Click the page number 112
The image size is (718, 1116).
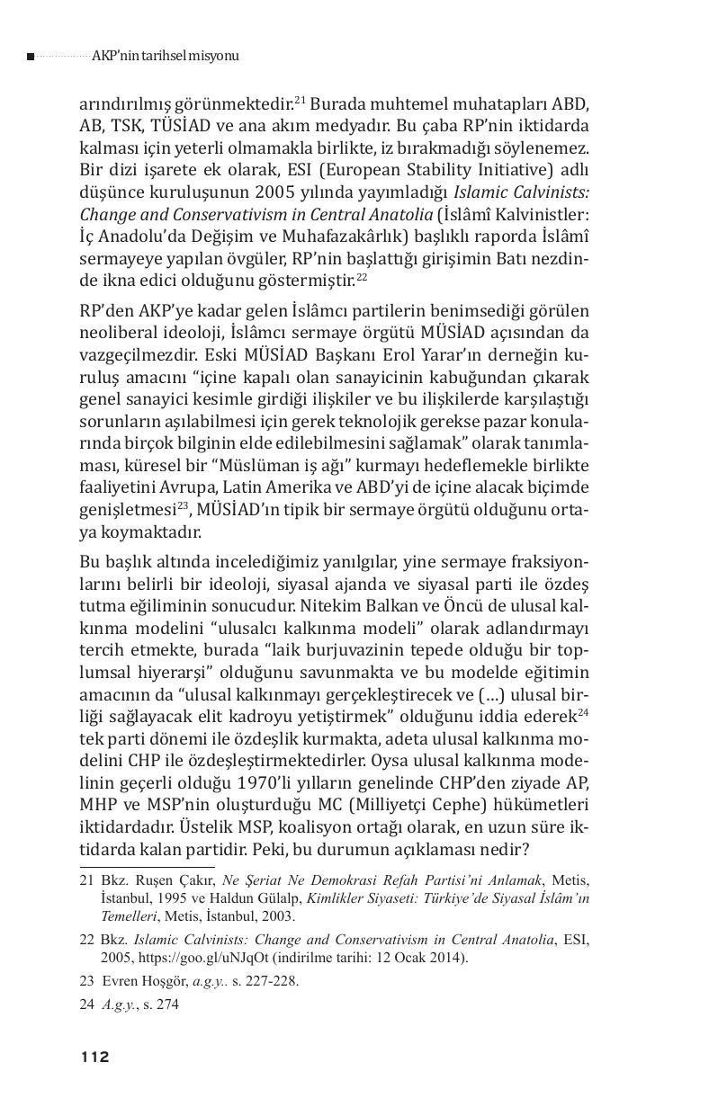tap(94, 1057)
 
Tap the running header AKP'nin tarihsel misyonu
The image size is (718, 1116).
tap(166, 56)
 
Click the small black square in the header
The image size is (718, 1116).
tap(31, 57)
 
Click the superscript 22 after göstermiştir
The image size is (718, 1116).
tap(362, 276)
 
